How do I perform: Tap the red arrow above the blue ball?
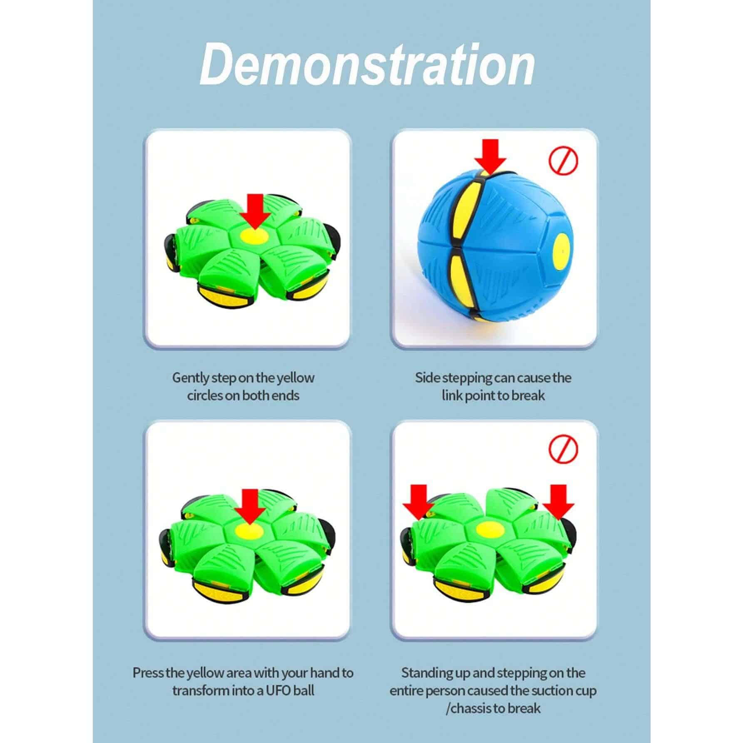coord(490,156)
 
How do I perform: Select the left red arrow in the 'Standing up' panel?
coord(418,501)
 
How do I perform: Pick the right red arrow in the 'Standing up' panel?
coord(558,501)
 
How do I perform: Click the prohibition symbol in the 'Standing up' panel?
coord(564,450)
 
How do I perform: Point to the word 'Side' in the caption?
coord(427,378)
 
